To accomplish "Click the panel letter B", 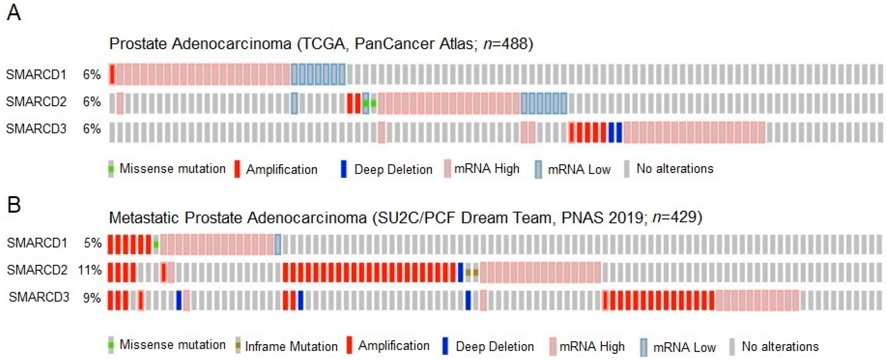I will click(14, 205).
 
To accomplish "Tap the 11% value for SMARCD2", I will click(90, 270).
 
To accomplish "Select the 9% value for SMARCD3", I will click(92, 297).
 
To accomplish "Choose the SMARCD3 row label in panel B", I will click(39, 297).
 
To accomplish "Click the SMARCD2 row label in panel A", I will click(36, 102).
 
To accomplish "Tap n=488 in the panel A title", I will click(506, 44).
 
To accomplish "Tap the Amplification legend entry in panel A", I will click(281, 170).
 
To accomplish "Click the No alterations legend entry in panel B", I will click(780, 347).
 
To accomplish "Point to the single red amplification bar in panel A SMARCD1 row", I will click(112, 74).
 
